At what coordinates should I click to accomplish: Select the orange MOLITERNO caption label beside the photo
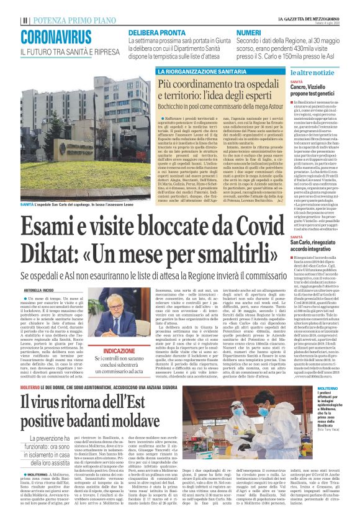click(336, 388)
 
